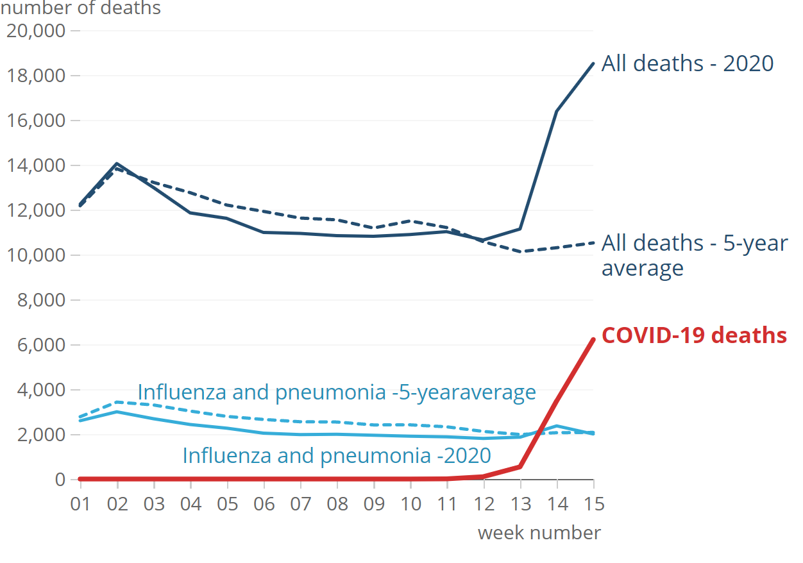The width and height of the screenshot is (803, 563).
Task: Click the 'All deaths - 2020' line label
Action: click(687, 63)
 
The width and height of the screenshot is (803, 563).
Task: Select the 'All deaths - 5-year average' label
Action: click(694, 255)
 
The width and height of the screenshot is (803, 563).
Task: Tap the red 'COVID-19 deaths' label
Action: click(694, 335)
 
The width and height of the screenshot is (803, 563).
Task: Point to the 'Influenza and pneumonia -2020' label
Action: click(337, 455)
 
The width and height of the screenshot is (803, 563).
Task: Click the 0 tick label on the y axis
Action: click(60, 479)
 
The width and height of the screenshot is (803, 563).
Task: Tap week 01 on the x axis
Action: click(80, 503)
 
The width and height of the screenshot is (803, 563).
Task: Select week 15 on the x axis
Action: click(593, 503)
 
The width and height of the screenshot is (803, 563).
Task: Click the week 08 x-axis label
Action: click(337, 503)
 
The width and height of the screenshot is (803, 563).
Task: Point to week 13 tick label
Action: click(520, 503)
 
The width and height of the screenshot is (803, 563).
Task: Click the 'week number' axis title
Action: click(539, 532)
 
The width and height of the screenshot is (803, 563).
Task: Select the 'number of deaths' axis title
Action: click(80, 8)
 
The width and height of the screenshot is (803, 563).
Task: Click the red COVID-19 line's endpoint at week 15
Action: click(593, 339)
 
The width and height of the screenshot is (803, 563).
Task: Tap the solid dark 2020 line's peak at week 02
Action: click(117, 164)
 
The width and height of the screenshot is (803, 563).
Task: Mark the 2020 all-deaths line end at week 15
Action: click(593, 63)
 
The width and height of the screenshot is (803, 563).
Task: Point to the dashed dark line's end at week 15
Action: click(593, 242)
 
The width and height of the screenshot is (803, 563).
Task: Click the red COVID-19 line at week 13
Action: click(520, 466)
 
